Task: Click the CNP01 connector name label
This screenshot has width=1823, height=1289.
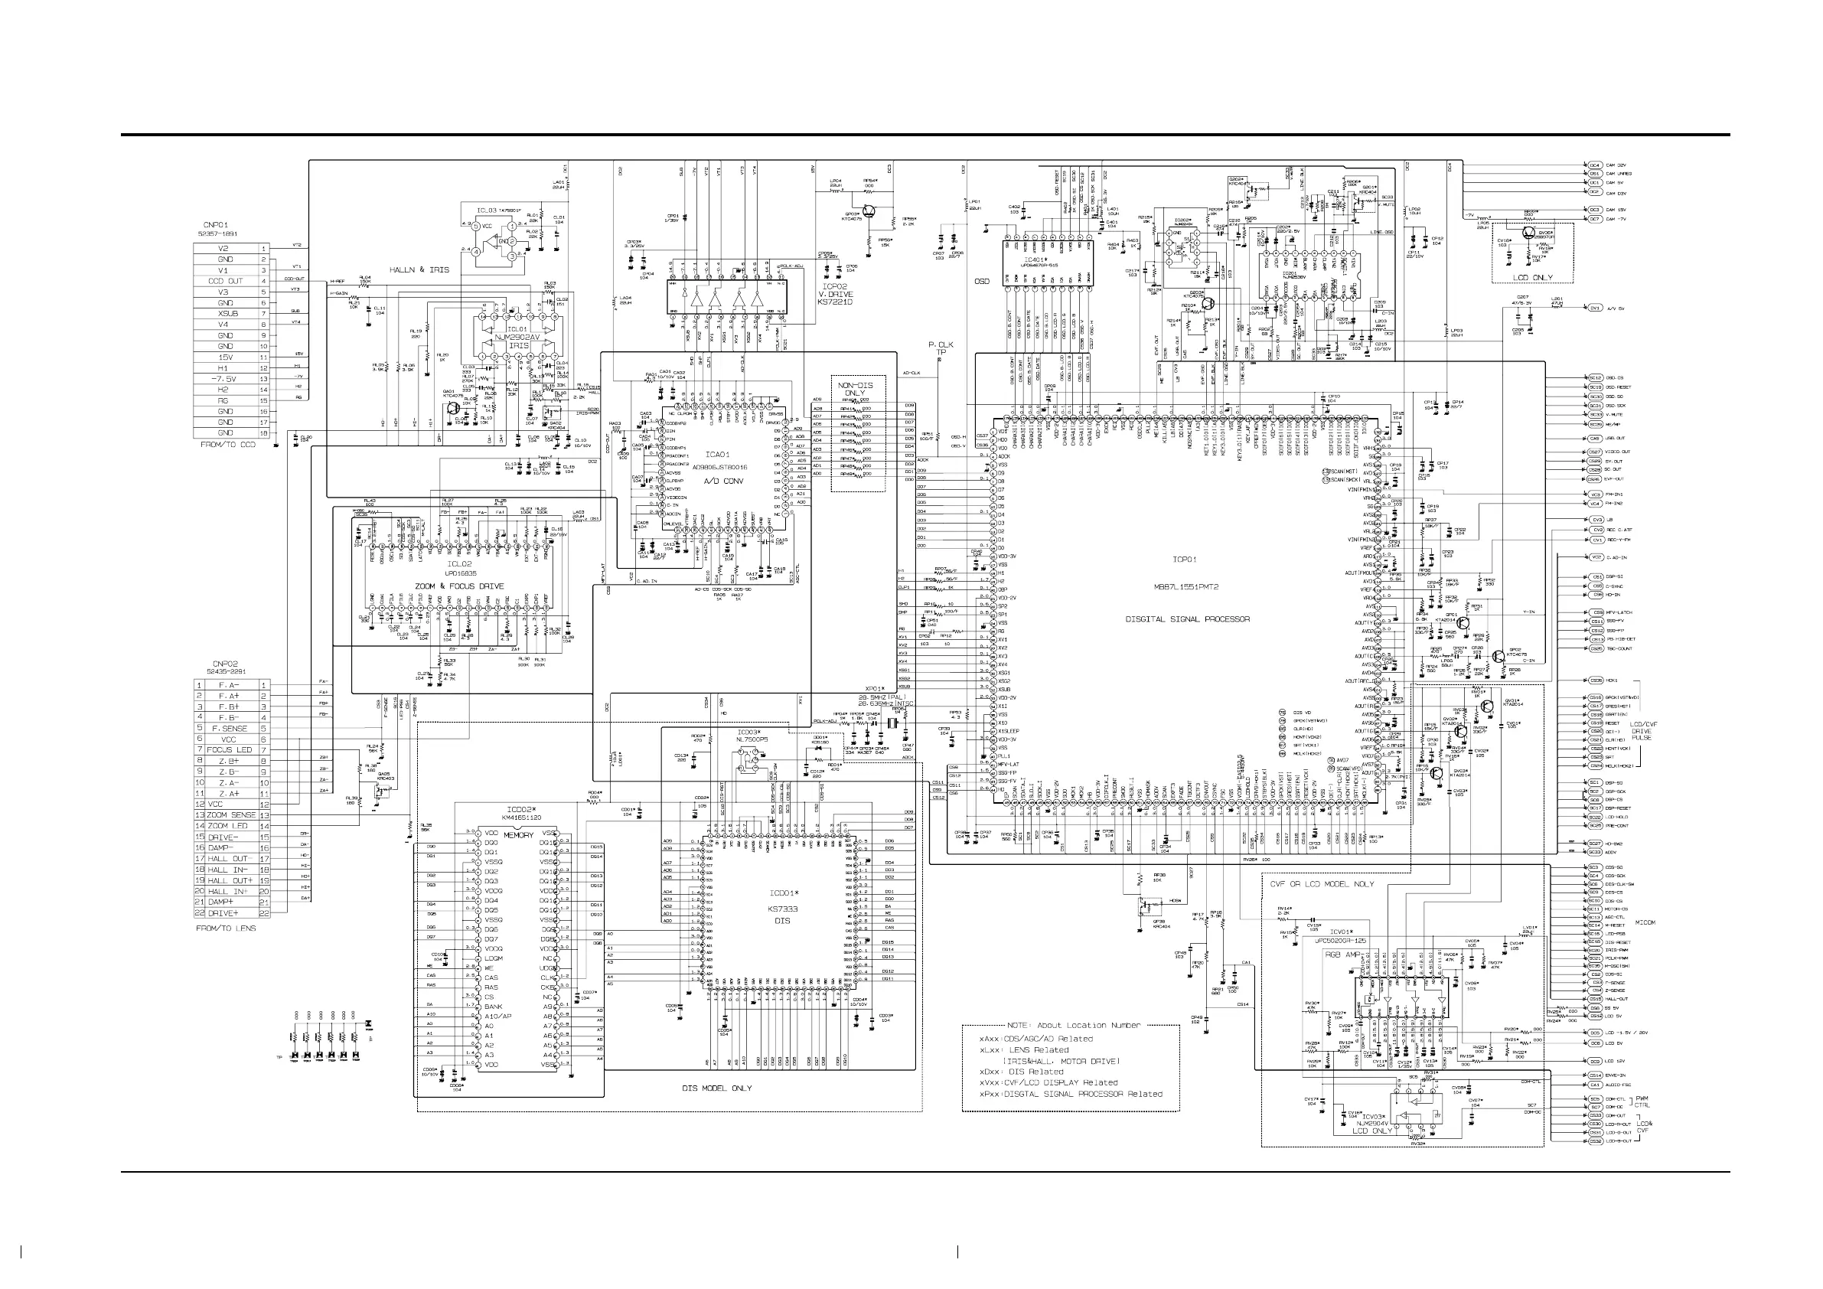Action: coord(215,225)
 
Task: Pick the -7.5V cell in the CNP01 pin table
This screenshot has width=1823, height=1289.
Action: coord(226,379)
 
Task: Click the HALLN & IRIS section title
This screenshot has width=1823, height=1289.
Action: coord(419,270)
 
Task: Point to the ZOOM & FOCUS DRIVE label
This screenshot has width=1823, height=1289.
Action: coord(459,586)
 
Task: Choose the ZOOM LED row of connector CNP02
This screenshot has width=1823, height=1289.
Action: coord(229,826)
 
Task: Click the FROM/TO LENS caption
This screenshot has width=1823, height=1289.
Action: coord(227,928)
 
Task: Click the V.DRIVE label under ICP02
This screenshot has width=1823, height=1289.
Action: coord(835,294)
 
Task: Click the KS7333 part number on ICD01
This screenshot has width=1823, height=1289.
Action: coord(782,909)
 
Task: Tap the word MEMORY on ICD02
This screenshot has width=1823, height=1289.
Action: coord(518,836)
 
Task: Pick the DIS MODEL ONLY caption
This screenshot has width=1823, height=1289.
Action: coord(716,1088)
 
